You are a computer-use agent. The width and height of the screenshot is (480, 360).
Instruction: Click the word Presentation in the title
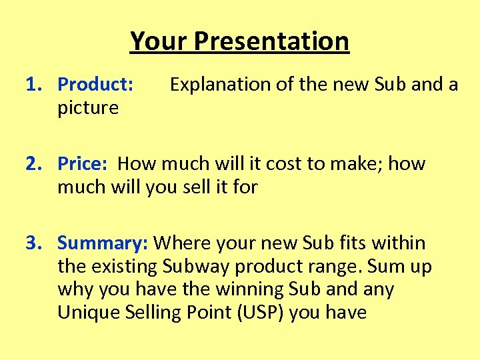point(271,41)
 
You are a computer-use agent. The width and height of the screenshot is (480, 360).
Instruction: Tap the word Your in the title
point(159,41)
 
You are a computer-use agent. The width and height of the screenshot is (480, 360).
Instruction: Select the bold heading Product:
point(96,85)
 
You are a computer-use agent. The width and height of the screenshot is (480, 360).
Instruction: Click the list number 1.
point(33,85)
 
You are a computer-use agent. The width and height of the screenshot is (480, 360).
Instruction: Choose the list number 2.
point(33,163)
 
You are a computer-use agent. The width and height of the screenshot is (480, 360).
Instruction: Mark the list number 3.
point(33,243)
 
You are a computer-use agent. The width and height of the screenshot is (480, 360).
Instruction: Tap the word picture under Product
point(88,108)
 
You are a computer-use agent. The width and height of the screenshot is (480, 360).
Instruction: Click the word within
point(396,243)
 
